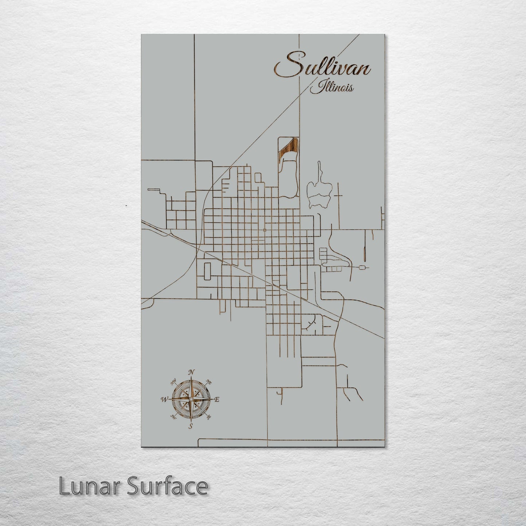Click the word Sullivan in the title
[323, 67]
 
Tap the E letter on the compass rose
[217, 400]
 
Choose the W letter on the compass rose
[163, 400]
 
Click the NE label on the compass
[209, 382]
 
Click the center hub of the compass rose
[190, 399]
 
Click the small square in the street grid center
[264, 230]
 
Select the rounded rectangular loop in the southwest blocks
[207, 272]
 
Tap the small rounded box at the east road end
[362, 268]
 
